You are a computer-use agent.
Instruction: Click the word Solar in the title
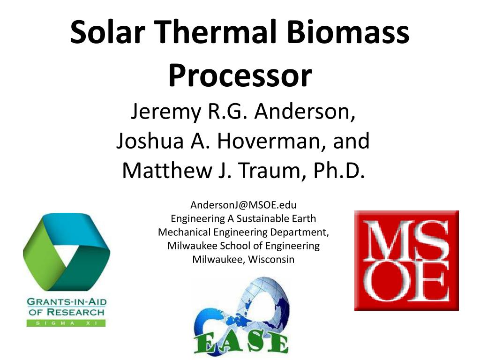[107, 32]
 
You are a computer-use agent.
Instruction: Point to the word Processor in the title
[240, 75]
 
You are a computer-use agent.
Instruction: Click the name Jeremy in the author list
[165, 112]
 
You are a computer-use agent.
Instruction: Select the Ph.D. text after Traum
[339, 170]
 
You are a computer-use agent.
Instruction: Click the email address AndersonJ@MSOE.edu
[243, 205]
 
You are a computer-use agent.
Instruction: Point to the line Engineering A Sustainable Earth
[243, 218]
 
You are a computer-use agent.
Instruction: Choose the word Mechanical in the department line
[184, 232]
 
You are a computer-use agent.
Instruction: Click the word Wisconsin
[271, 259]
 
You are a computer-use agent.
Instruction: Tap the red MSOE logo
[406, 261]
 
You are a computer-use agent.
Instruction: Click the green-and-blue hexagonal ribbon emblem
[67, 252]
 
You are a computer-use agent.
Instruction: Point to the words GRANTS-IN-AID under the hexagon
[67, 301]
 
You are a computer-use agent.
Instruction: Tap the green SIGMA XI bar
[66, 323]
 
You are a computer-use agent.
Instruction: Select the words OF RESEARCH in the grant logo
[67, 312]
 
